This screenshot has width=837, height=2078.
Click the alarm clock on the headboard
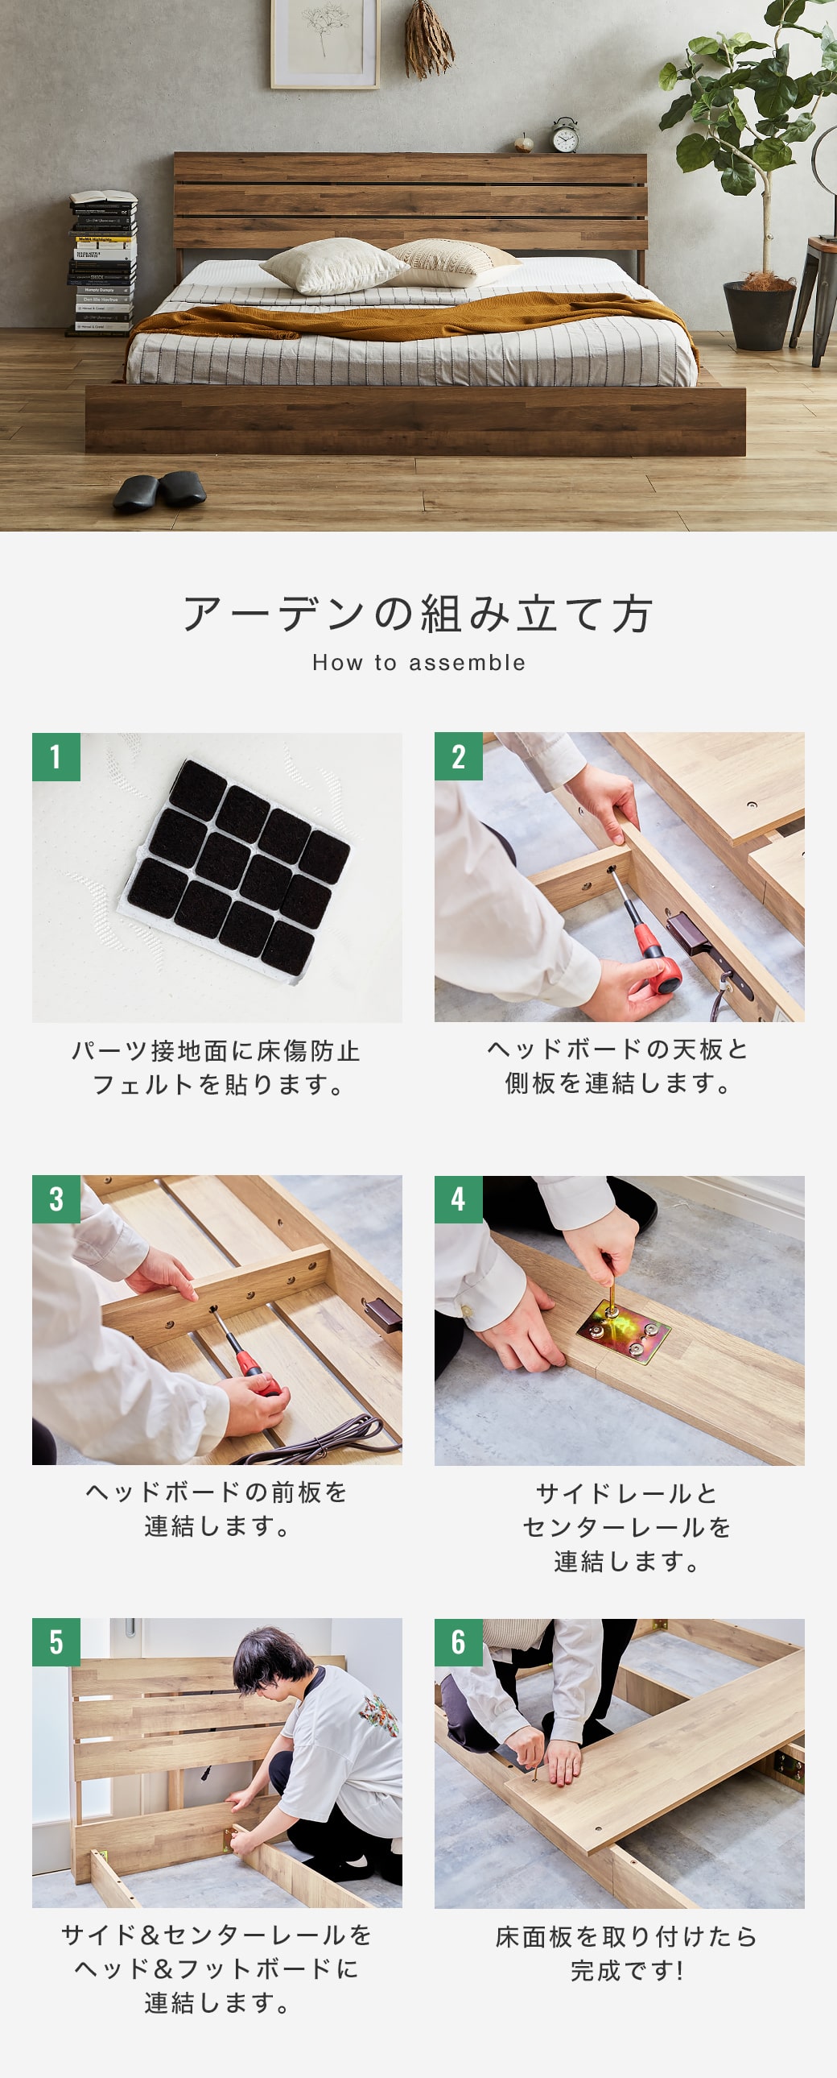pos(565,135)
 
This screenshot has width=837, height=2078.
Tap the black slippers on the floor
pos(159,490)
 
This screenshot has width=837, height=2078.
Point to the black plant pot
pos(760,314)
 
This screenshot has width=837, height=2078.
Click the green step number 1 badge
pos(56,756)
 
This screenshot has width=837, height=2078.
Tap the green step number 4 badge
pos(458,1199)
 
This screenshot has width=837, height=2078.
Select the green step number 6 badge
pos(458,1641)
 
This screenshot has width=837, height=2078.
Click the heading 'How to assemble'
pos(418,662)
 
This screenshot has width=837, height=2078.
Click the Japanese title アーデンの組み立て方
pos(418,614)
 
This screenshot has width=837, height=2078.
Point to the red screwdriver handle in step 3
pos(257,1381)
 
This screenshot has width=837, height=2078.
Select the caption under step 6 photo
pos(625,1953)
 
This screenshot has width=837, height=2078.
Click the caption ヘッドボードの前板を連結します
pos(216,1509)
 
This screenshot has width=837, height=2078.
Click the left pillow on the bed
pos(332,266)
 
